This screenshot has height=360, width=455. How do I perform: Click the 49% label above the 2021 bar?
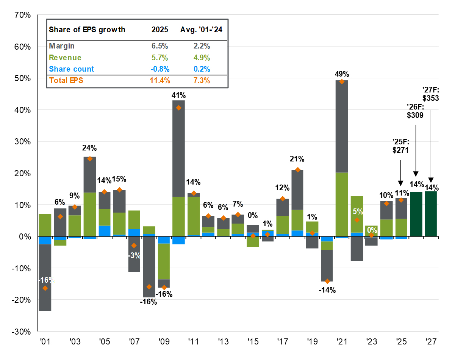(x=342, y=75)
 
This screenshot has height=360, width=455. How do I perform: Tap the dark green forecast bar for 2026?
(x=416, y=214)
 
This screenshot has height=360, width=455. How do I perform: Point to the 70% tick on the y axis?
(x=23, y=15)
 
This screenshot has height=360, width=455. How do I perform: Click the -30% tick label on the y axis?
(x=22, y=332)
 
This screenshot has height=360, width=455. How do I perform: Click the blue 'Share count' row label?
(x=72, y=69)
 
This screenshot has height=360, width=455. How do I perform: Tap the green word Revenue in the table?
(x=65, y=58)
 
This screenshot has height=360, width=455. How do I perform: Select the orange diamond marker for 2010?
(x=179, y=108)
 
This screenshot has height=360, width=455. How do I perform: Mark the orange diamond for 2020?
(x=327, y=281)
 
